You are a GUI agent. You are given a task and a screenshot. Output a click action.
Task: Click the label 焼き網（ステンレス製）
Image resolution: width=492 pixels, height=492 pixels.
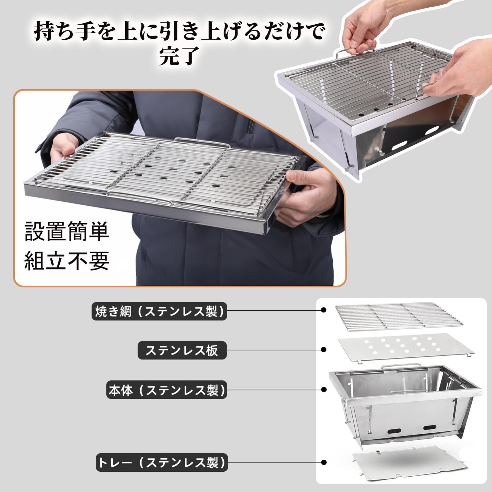pyautogui.click(x=159, y=311)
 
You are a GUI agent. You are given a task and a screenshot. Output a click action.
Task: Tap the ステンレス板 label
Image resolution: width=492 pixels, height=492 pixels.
pyautogui.click(x=182, y=350)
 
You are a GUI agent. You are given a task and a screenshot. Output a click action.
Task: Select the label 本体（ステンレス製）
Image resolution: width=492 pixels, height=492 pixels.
pyautogui.click(x=167, y=390)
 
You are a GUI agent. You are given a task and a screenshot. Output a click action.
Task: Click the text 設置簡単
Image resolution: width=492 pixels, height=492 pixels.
pyautogui.click(x=67, y=231)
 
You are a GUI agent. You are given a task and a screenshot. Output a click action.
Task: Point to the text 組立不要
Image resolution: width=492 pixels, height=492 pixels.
pyautogui.click(x=67, y=261)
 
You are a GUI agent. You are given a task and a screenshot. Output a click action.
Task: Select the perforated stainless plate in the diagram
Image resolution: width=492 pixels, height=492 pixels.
pyautogui.click(x=405, y=348)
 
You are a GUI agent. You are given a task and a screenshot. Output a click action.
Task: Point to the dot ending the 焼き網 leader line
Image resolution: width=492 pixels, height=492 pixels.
pyautogui.click(x=323, y=310)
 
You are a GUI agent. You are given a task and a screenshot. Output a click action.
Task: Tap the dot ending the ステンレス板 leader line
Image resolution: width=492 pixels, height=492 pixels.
pyautogui.click(x=323, y=350)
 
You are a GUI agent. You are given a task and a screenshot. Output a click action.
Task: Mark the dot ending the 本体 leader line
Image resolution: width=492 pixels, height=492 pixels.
pyautogui.click(x=323, y=390)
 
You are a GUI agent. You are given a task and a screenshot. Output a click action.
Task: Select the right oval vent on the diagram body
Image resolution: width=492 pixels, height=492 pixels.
pyautogui.click(x=430, y=428)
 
